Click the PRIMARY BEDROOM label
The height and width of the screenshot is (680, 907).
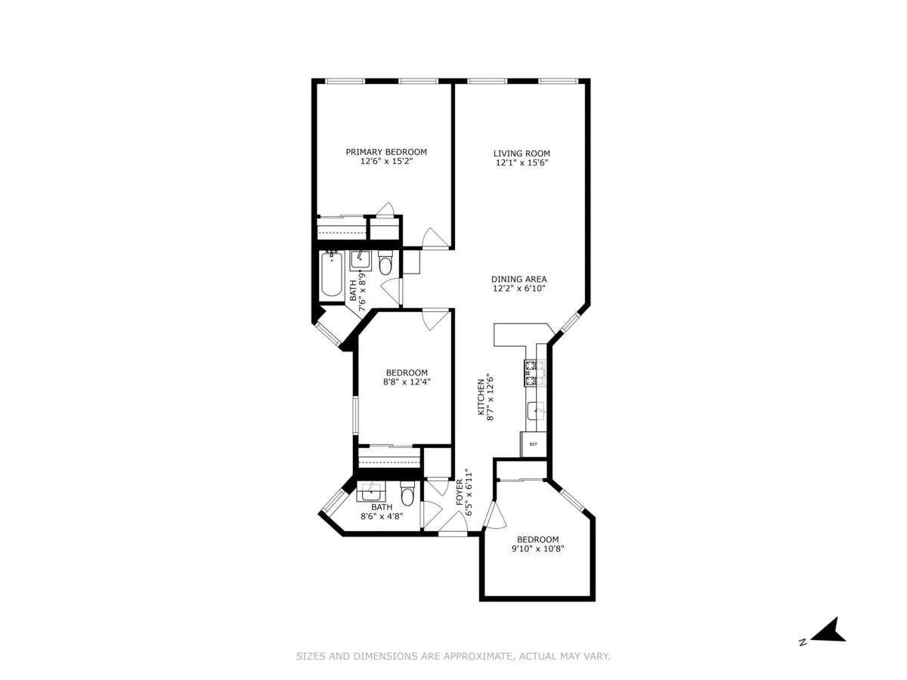[386, 152]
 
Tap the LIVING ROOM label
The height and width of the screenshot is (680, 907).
[522, 153]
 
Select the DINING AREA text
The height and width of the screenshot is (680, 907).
[519, 279]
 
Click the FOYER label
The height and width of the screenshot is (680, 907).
[459, 493]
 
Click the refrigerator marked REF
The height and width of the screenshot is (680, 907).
[533, 444]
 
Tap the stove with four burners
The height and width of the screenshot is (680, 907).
[534, 372]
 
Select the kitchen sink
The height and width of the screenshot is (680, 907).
[536, 412]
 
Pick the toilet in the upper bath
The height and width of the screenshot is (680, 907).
[385, 265]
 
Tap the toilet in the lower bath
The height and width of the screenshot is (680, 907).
[407, 496]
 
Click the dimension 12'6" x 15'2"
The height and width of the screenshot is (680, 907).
[386, 162]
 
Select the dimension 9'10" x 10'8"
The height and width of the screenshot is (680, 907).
[538, 549]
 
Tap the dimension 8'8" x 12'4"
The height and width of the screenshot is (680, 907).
[407, 382]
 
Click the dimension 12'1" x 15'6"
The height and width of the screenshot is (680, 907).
[522, 163]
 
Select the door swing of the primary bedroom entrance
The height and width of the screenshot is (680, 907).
[435, 238]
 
